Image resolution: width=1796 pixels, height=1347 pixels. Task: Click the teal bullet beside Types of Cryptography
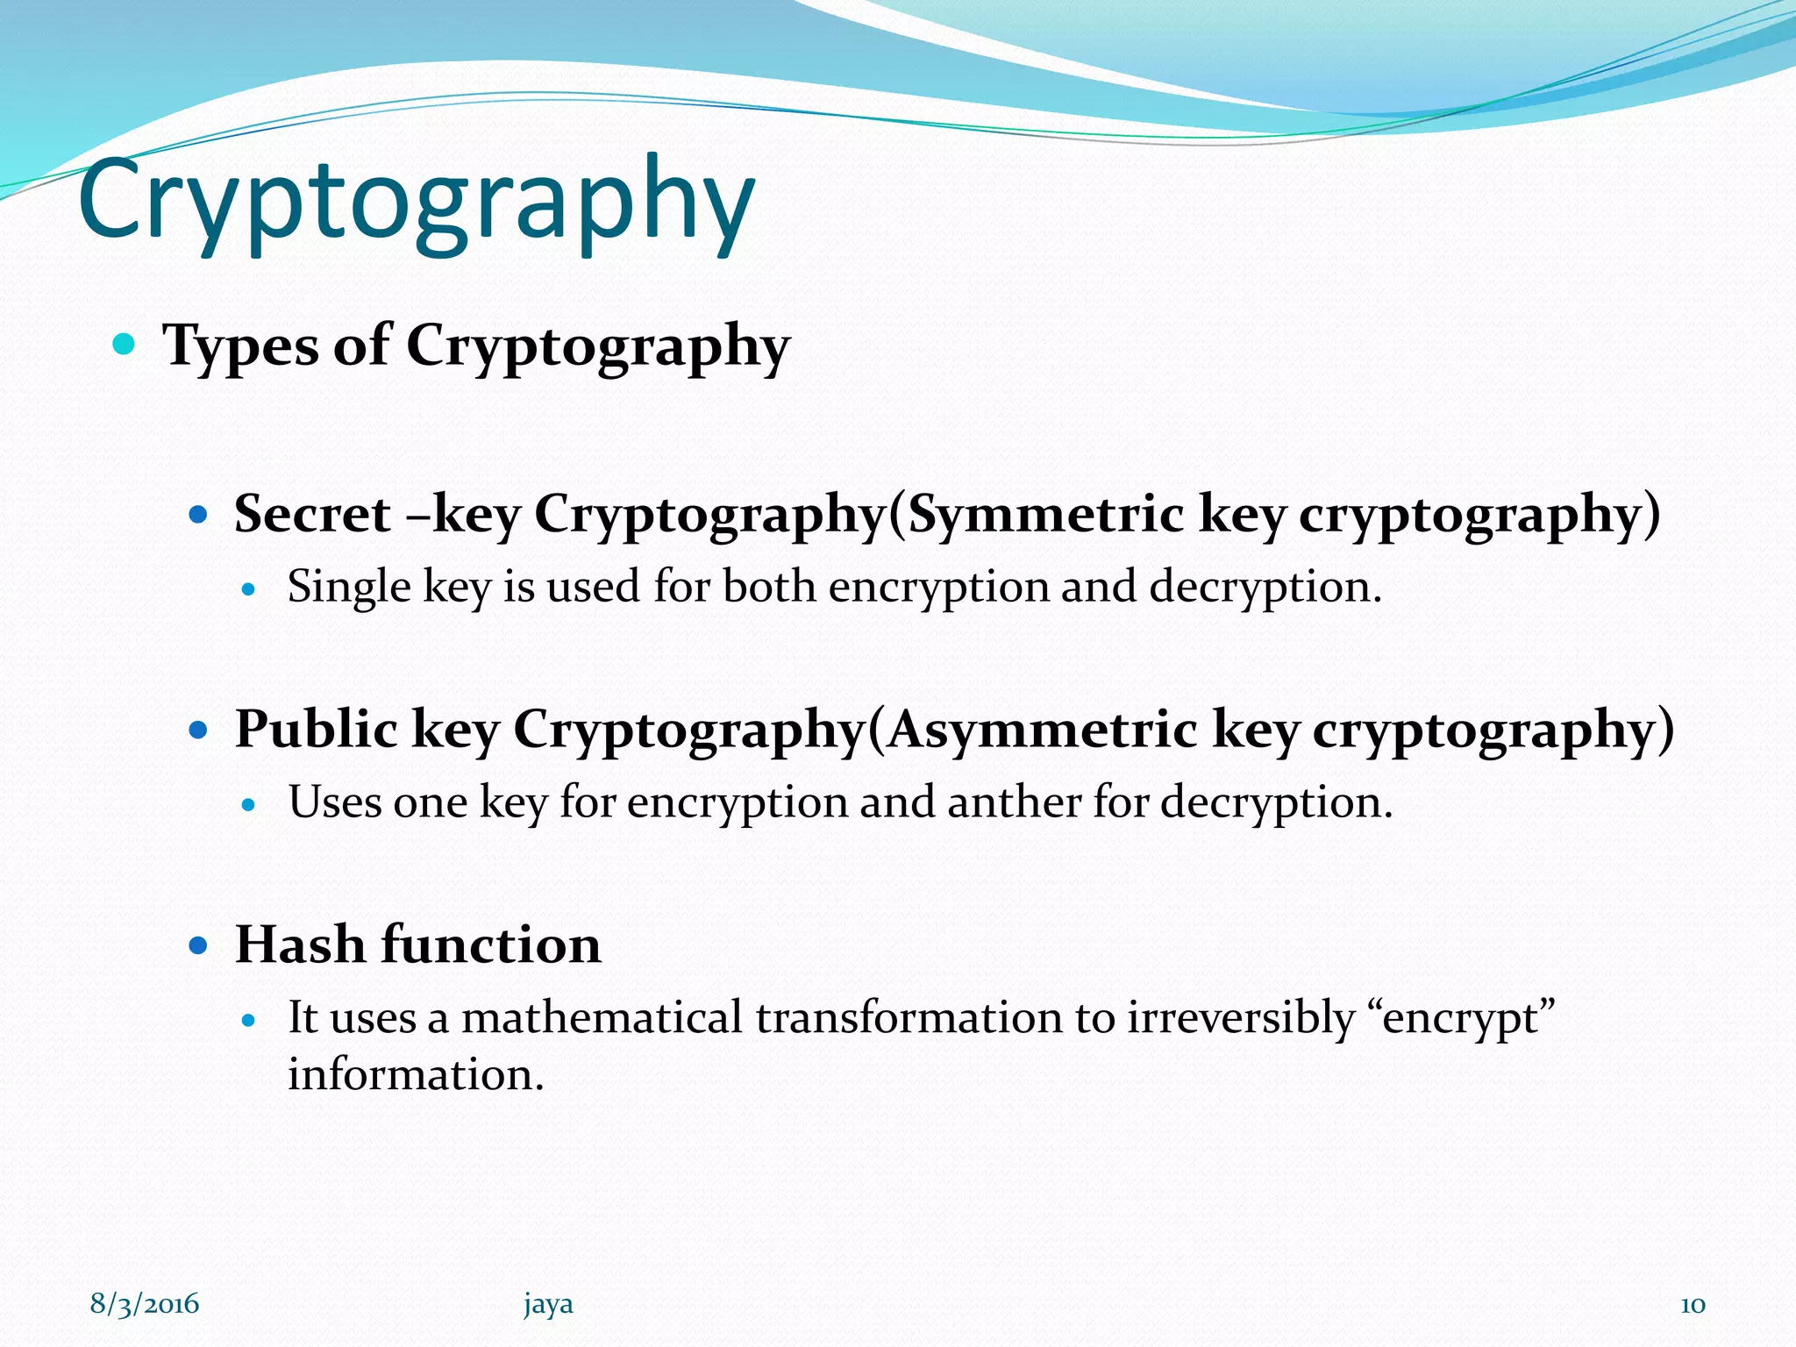125,343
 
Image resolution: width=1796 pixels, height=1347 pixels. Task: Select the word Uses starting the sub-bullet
334,802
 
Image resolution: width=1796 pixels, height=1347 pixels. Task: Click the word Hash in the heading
300,944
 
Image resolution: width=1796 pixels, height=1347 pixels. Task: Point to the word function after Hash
491,944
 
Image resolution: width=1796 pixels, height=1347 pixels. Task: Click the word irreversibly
1240,1018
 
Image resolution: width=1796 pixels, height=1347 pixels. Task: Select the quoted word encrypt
1461,1020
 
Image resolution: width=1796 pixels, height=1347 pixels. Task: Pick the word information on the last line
416,1075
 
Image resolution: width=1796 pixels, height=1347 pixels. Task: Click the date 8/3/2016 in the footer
145,1304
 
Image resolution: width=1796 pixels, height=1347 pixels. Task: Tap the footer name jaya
548,1305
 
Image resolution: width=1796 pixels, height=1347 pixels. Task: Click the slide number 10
1693,1305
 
